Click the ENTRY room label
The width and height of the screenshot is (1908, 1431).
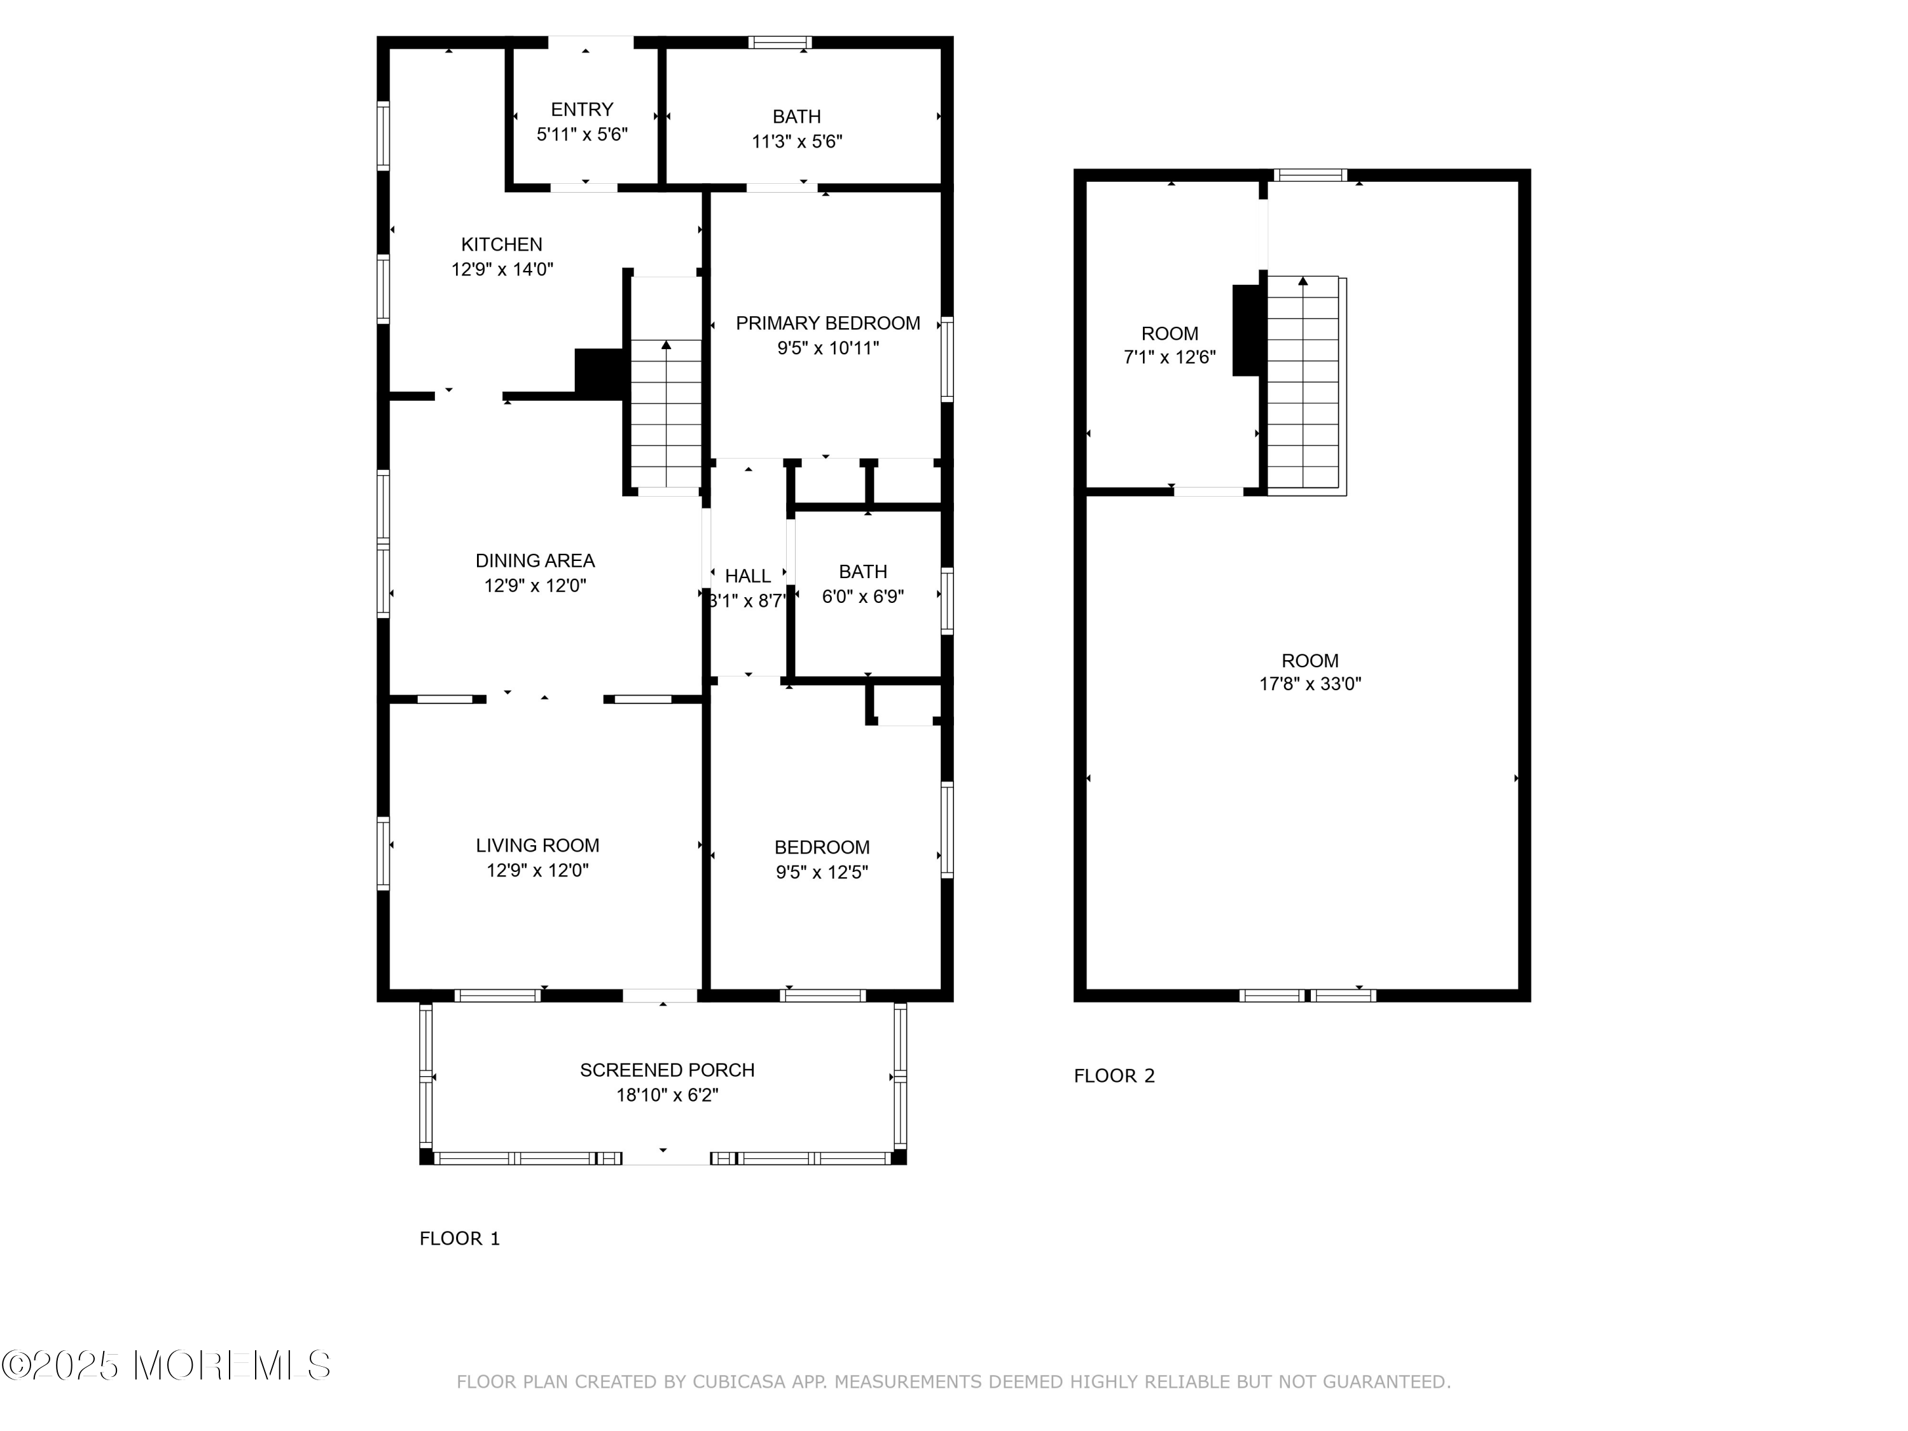pyautogui.click(x=582, y=109)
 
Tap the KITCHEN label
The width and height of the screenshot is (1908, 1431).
pyautogui.click(x=502, y=245)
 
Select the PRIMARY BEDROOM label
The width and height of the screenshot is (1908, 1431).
pyautogui.click(x=828, y=324)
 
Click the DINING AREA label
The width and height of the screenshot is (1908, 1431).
pyautogui.click(x=536, y=561)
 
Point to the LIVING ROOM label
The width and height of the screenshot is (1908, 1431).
pyautogui.click(x=537, y=845)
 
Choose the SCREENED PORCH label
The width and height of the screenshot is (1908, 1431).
pyautogui.click(x=667, y=1070)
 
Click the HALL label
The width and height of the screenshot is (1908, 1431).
pyautogui.click(x=748, y=576)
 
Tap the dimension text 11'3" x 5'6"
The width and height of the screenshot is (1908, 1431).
pyautogui.click(x=797, y=141)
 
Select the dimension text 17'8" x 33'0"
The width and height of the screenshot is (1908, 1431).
pyautogui.click(x=1310, y=684)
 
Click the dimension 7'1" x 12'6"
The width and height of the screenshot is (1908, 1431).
pyautogui.click(x=1170, y=357)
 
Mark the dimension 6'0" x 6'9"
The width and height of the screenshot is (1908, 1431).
pyautogui.click(x=862, y=596)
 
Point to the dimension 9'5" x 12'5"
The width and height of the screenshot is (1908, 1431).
pyautogui.click(x=822, y=872)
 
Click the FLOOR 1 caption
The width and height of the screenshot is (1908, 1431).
pyautogui.click(x=460, y=1239)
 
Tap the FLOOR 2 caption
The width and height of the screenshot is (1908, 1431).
pyautogui.click(x=1114, y=1075)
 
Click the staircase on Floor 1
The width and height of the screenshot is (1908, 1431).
pyautogui.click(x=666, y=415)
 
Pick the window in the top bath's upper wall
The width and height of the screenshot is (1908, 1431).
pyautogui.click(x=780, y=42)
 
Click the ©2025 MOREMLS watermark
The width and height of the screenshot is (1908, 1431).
pyautogui.click(x=165, y=1365)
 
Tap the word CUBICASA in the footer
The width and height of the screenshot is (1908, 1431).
pyautogui.click(x=739, y=1383)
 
